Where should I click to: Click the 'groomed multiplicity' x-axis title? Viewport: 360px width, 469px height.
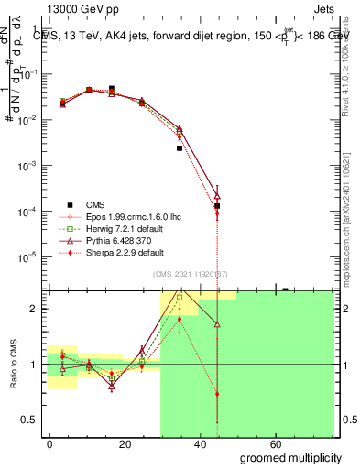(292, 457)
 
